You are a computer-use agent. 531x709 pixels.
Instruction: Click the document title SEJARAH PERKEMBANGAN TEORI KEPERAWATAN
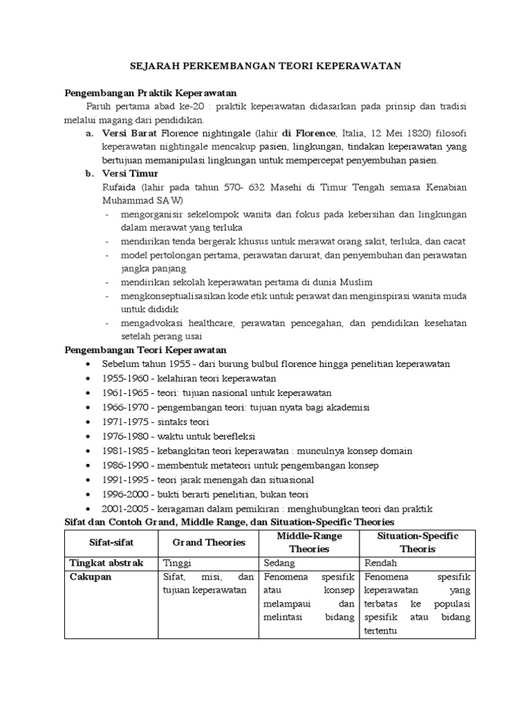tap(265, 66)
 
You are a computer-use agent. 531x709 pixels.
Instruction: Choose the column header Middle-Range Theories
tap(309, 542)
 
